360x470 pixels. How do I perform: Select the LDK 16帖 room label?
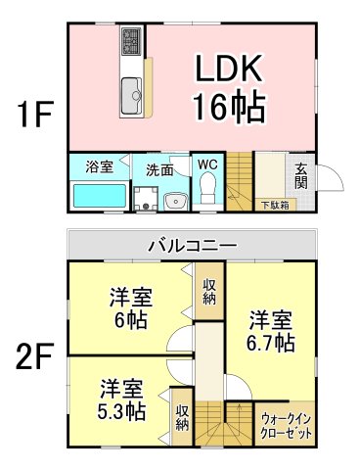click(229, 87)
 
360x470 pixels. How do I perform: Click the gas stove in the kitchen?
click(132, 43)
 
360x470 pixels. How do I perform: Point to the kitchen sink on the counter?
click(132, 95)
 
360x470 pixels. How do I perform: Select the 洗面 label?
click(160, 168)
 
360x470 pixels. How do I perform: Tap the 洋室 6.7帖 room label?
click(270, 331)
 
